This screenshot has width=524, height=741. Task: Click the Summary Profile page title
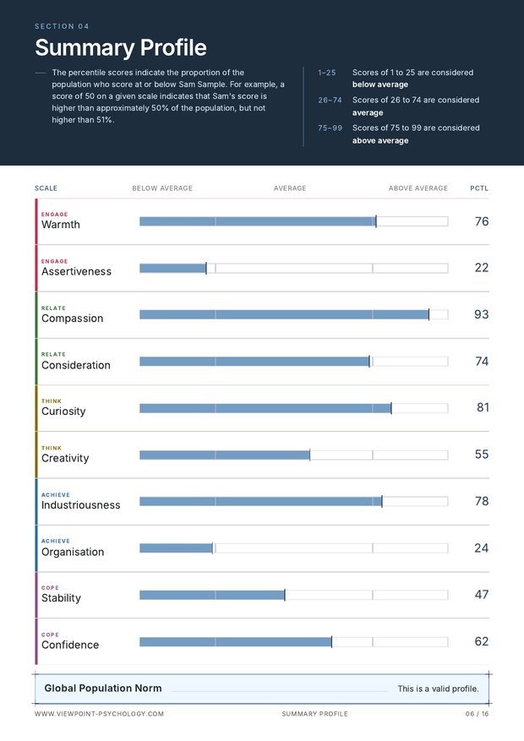pyautogui.click(x=121, y=47)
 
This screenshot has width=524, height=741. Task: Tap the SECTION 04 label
pyautogui.click(x=62, y=26)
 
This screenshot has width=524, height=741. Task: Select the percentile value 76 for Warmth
pyautogui.click(x=482, y=221)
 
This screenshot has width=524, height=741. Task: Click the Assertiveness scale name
pyautogui.click(x=76, y=271)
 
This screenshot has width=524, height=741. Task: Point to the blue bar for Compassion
pyautogui.click(x=284, y=315)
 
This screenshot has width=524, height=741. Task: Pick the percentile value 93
pyautogui.click(x=481, y=314)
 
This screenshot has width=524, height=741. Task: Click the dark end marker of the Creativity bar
pyautogui.click(x=310, y=455)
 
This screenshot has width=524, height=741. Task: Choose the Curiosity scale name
pyautogui.click(x=63, y=411)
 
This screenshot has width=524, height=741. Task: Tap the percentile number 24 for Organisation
pyautogui.click(x=481, y=548)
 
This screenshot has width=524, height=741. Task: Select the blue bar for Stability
pyautogui.click(x=211, y=595)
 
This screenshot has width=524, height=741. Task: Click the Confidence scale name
pyautogui.click(x=70, y=645)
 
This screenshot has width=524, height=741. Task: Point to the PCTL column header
pyautogui.click(x=479, y=188)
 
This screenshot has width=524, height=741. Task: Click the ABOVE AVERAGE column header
pyautogui.click(x=418, y=188)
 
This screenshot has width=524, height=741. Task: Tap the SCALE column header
pyautogui.click(x=46, y=188)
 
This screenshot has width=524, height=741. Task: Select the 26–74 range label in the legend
pyautogui.click(x=330, y=101)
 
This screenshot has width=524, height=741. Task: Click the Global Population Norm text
pyautogui.click(x=103, y=688)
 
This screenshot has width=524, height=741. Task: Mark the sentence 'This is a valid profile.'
pyautogui.click(x=438, y=689)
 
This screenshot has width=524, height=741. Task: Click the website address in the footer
pyautogui.click(x=99, y=714)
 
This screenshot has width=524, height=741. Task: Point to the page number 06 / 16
pyautogui.click(x=477, y=714)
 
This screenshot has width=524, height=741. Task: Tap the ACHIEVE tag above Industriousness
pyautogui.click(x=55, y=495)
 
